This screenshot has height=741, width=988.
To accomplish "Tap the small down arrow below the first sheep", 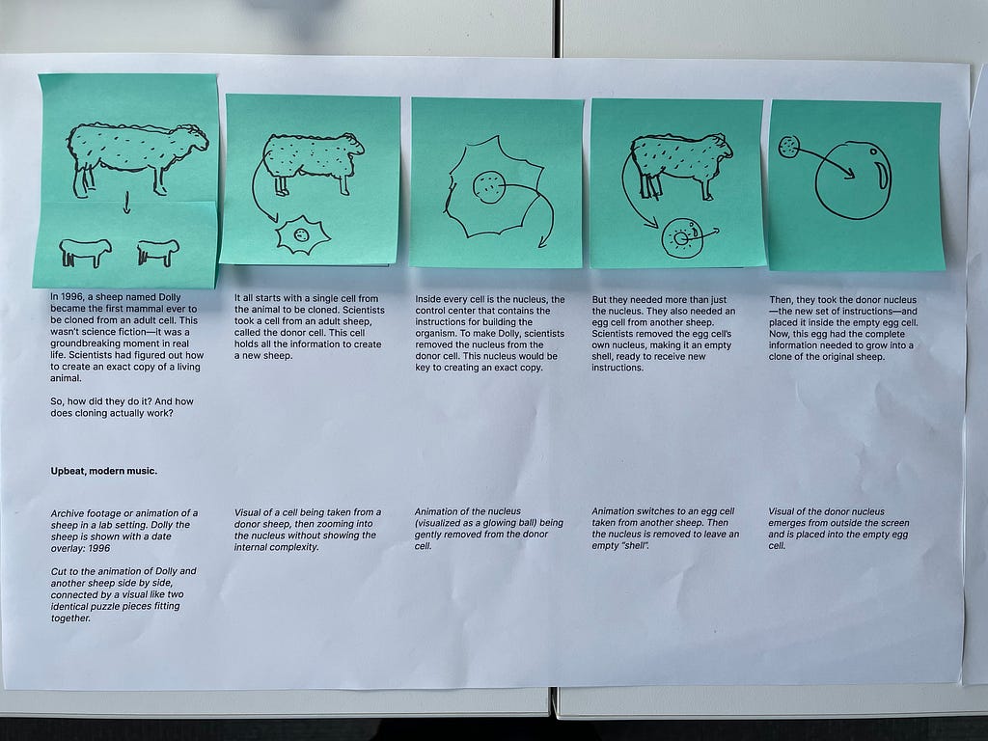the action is pos(126,203).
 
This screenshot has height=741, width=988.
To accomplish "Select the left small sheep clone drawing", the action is pos(85,252).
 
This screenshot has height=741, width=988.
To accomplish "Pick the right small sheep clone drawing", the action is pos(158,252).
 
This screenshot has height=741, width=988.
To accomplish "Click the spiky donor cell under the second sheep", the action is pos(302,234).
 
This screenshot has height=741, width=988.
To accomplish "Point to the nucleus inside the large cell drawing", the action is pos(489,187).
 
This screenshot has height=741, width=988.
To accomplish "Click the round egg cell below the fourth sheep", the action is pos(682,238).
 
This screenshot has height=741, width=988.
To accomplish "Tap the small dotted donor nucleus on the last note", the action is pos(789,147).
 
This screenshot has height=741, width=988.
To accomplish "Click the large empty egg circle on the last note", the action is pos(854,179).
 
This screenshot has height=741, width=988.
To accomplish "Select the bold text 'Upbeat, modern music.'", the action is pos(104,471).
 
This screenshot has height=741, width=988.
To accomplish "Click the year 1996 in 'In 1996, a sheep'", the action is pos(77,297).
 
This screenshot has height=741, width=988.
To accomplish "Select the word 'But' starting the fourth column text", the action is pos(600,300).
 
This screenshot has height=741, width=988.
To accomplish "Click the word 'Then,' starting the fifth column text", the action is pos(782,300).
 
